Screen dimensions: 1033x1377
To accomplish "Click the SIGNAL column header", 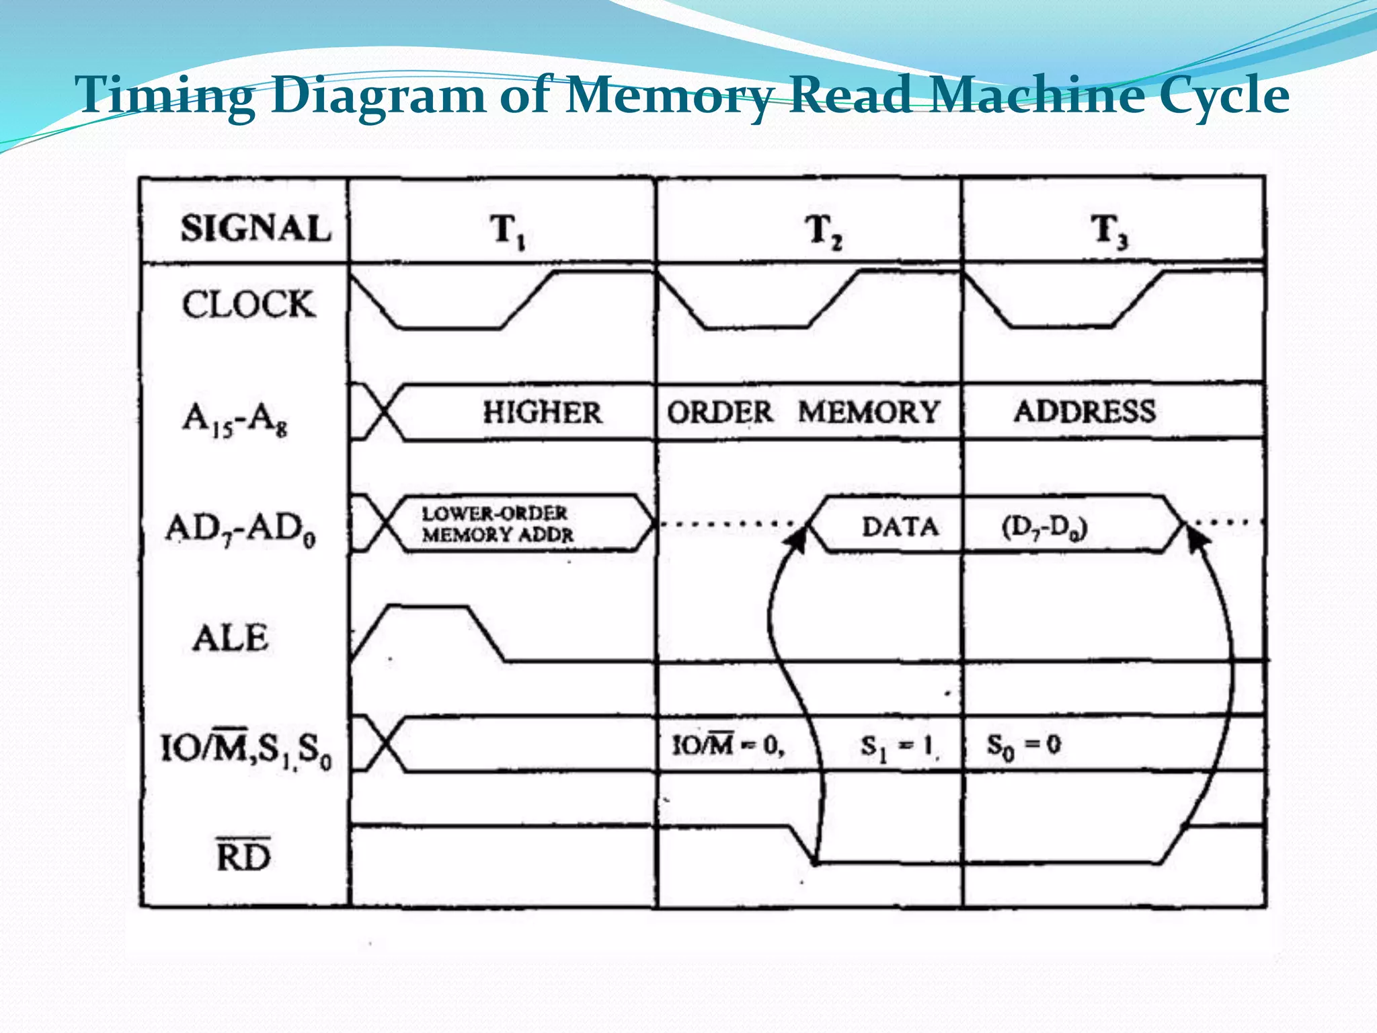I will [x=256, y=228].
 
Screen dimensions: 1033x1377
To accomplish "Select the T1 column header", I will [x=506, y=231].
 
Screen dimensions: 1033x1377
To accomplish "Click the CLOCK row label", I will [x=248, y=304].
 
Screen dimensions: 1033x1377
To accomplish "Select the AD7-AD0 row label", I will [x=240, y=529].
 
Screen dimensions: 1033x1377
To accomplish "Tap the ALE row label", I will [x=231, y=638].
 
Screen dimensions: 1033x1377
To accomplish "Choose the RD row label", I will [x=243, y=855].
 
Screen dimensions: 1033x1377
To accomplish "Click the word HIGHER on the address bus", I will [x=542, y=412].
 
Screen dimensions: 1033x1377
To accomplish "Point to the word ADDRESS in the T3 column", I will [x=1085, y=412].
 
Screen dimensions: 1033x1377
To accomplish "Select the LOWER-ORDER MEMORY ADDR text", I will [x=498, y=524].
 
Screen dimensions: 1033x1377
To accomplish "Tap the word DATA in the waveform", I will [x=900, y=527].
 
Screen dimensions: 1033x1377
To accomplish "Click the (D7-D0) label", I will [x=1044, y=528].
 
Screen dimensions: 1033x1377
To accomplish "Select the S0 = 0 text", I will [x=1023, y=745].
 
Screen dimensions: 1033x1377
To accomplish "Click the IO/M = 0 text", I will [x=728, y=745].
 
